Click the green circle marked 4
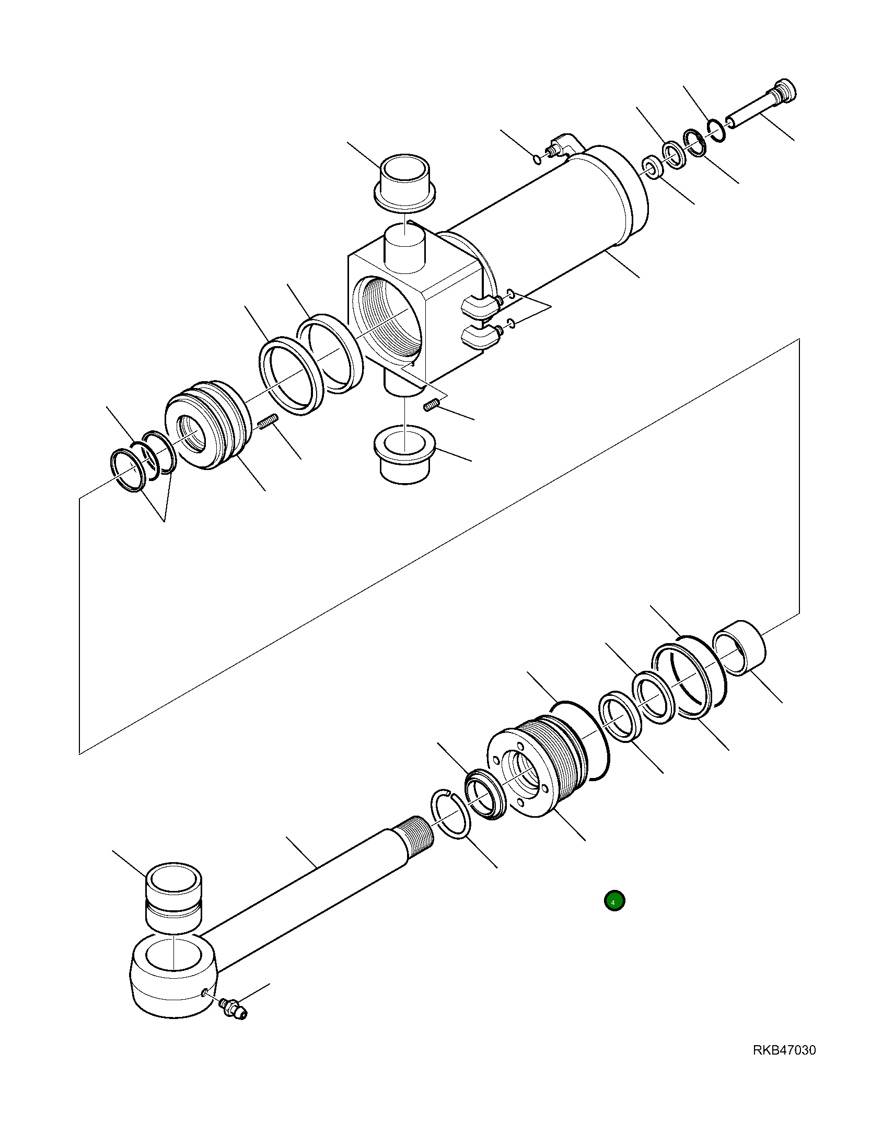pyautogui.click(x=614, y=901)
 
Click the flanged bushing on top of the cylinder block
pyautogui.click(x=406, y=183)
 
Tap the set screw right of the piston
pyautogui.click(x=269, y=422)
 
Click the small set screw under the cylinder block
pyautogui.click(x=431, y=405)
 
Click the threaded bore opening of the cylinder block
pyautogui.click(x=387, y=319)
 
